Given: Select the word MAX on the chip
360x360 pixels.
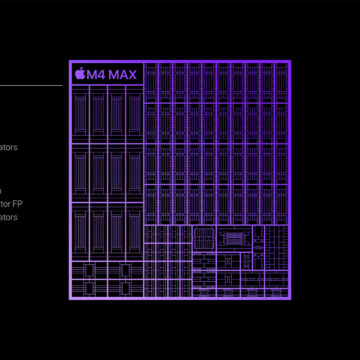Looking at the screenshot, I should (124, 73).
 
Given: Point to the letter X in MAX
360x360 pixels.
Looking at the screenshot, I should (134, 73).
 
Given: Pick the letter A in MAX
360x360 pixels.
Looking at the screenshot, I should (124, 73).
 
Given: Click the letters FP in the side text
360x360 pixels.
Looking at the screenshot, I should (13, 203).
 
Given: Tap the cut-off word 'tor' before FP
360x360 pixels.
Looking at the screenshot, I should (4, 203).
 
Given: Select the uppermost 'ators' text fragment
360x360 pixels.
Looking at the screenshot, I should (8, 147).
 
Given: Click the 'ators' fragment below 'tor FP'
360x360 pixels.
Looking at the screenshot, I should (8, 217).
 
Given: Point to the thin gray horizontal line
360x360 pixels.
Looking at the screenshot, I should (30, 85).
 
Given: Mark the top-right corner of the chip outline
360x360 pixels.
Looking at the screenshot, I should (290, 62).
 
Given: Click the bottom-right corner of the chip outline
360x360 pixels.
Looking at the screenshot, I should (290, 298).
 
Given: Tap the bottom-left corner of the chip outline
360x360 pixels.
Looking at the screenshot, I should (69, 298).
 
